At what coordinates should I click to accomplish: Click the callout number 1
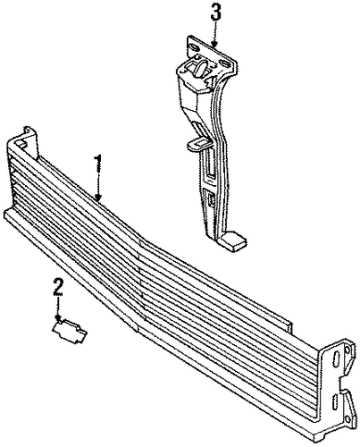coord(98,164)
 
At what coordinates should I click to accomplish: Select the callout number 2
coord(58,286)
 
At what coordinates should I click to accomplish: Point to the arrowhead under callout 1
coord(98,197)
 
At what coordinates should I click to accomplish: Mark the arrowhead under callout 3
coord(215,43)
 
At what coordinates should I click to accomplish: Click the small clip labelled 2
coord(70,331)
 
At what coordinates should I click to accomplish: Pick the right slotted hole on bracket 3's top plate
coord(224,63)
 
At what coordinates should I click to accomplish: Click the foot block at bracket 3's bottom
coord(235,240)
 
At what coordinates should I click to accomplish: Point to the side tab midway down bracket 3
coord(198,143)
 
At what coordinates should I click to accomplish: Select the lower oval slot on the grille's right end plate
coord(335,401)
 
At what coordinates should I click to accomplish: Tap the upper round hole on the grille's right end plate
coord(347,350)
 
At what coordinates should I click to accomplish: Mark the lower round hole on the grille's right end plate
coord(347,419)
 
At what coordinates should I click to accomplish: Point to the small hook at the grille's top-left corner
coord(29,131)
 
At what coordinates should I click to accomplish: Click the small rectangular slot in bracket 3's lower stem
coord(211,198)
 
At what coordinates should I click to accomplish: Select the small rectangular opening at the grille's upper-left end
coord(20,144)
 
